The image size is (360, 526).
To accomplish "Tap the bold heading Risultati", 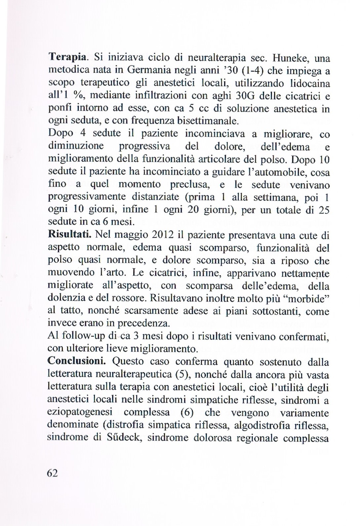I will [69, 235].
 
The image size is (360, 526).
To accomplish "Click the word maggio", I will [129, 235].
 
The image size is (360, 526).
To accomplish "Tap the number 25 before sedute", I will [322, 210].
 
